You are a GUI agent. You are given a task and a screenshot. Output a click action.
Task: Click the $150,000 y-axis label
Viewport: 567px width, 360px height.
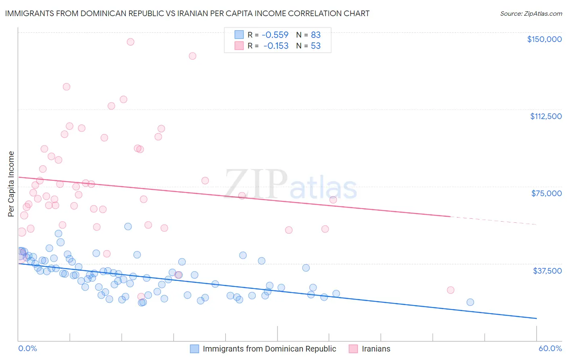tap(544, 39)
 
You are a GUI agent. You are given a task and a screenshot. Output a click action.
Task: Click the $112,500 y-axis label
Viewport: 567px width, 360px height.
tap(546, 116)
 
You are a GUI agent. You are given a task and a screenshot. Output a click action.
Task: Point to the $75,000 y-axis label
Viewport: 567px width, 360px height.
tap(546, 193)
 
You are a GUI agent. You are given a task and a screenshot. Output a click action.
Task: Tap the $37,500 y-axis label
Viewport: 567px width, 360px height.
tap(547, 271)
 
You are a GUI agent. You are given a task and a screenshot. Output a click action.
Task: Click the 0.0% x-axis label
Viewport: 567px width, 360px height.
tap(27, 349)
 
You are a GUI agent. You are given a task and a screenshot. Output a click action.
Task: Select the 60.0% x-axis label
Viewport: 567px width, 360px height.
tap(550, 349)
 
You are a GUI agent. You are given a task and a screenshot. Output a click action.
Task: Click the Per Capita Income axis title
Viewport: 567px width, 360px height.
tap(11, 184)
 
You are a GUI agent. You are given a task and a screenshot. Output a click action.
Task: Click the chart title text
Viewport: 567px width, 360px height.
tap(187, 13)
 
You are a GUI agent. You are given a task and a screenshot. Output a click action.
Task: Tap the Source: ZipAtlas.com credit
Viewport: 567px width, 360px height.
tap(531, 14)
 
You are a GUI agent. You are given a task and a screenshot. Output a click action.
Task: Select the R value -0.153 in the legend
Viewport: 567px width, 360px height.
tap(276, 46)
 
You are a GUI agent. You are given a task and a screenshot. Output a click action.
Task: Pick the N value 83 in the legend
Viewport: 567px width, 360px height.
tap(315, 35)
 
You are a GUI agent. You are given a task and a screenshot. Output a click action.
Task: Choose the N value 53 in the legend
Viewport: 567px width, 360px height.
tap(315, 46)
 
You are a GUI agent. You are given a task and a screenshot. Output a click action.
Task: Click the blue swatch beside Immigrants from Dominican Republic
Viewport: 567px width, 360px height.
tap(194, 349)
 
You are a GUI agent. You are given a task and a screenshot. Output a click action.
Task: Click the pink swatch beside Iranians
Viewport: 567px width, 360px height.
tap(353, 349)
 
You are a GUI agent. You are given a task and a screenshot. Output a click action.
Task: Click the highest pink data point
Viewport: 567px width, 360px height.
tap(130, 42)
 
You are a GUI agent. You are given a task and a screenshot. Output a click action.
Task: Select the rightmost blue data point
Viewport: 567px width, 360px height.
tap(470, 302)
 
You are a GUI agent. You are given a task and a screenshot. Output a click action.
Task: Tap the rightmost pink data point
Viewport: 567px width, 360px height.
tap(450, 290)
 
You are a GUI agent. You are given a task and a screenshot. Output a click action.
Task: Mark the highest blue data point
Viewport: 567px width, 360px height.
tap(128, 226)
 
